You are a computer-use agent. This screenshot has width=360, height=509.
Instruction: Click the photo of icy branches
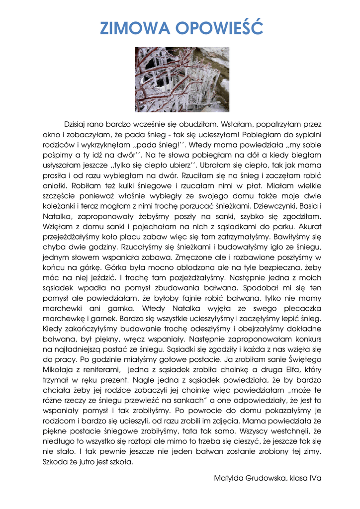[x=182, y=80]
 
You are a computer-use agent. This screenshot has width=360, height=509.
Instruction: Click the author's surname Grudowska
[x=265, y=478]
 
